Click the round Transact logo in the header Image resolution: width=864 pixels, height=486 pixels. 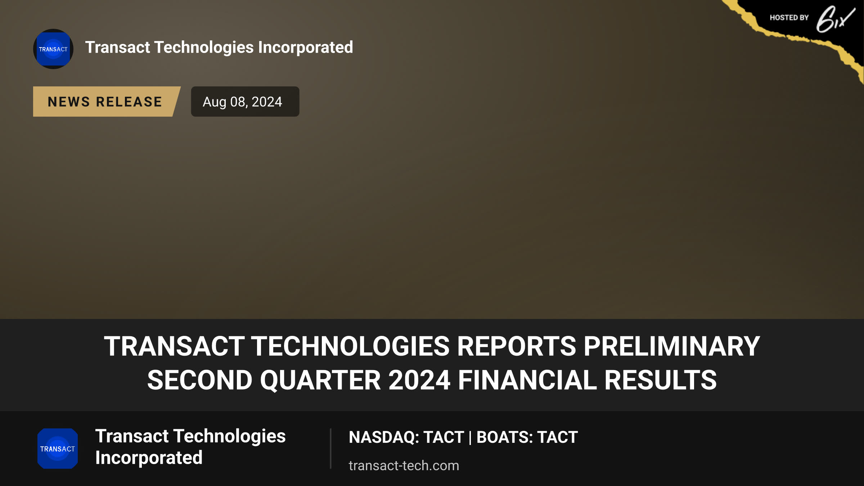point(53,49)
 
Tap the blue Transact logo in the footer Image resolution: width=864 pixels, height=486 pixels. point(58,449)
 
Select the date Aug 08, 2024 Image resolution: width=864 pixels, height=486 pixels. point(242,102)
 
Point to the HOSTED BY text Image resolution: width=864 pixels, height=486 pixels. point(789,18)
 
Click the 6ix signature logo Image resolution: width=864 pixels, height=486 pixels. point(835,19)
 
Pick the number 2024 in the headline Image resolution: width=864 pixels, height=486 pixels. point(419,380)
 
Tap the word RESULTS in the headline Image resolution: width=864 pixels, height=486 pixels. point(661,380)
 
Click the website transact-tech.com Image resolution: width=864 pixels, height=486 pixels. point(404,465)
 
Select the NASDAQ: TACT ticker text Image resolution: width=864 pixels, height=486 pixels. point(406,437)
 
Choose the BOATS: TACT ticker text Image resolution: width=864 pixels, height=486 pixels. point(527,437)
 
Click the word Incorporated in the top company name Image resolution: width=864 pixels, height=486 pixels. point(306,48)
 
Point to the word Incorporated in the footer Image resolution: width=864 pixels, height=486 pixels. point(149,458)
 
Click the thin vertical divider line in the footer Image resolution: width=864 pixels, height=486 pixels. point(330,449)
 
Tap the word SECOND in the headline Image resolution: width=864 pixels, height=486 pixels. point(200,380)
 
